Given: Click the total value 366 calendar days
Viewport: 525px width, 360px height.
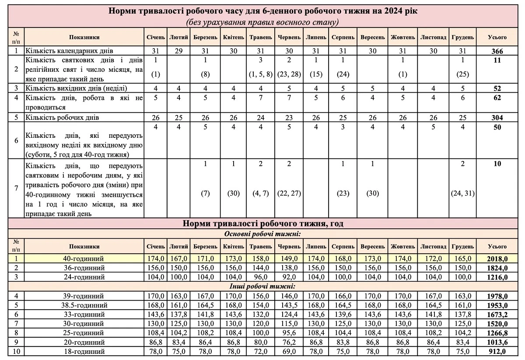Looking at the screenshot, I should pos(497,51).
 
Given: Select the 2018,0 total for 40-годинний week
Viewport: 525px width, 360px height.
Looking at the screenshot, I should pos(497,259).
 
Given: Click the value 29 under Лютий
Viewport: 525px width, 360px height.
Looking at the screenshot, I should pos(178,51).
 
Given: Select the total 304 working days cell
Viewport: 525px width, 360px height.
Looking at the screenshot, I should pos(497,117).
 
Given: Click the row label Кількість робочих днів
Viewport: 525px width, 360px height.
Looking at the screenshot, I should pos(62,117).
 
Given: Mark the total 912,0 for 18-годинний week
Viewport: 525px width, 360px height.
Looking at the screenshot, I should pos(497,351).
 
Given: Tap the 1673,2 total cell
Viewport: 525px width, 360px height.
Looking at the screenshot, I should pos(497,315).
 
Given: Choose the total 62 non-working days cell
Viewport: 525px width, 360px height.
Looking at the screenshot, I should pos(497,98).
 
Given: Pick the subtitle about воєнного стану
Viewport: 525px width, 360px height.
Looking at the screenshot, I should pos(262,21).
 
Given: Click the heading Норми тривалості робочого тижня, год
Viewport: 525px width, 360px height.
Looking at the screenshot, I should pos(262,224).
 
